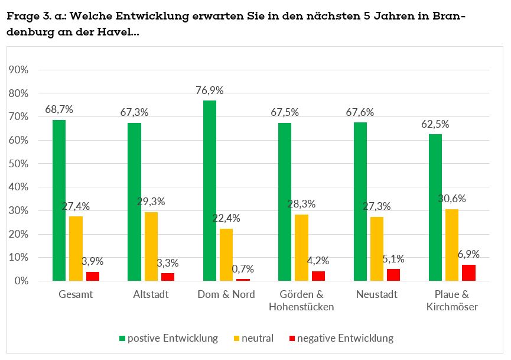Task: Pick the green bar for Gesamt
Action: click(59, 200)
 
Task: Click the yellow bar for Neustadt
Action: click(377, 249)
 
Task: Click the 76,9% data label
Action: click(210, 90)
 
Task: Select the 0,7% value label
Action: click(242, 269)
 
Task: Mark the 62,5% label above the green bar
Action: click(435, 124)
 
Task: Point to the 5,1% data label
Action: click(393, 258)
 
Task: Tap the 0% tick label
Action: click(21, 281)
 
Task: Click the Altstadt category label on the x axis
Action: click(151, 294)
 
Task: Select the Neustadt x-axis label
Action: click(377, 294)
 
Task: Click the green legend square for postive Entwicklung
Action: click(122, 339)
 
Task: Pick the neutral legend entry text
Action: click(258, 339)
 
